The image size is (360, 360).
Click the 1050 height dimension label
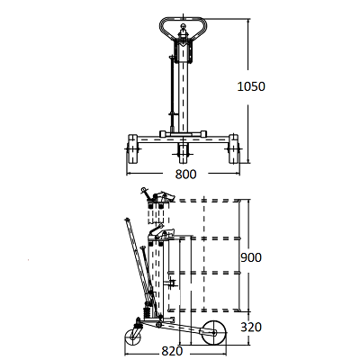click(x=251, y=86)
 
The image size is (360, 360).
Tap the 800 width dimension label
click(x=185, y=174)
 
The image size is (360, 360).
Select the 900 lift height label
click(x=251, y=257)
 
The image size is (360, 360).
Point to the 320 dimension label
click(x=251, y=327)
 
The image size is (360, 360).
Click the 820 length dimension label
click(x=172, y=351)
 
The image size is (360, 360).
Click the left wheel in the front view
click(x=132, y=149)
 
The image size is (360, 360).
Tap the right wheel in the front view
click(x=234, y=149)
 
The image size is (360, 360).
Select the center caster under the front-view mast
click(x=183, y=153)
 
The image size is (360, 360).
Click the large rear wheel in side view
click(x=213, y=333)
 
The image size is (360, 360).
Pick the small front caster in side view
click(x=132, y=337)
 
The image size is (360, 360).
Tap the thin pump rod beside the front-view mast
click(x=172, y=93)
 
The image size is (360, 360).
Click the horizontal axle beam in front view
click(x=183, y=139)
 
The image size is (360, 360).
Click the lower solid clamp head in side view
click(x=161, y=233)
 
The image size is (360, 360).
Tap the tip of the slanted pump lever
click(x=127, y=220)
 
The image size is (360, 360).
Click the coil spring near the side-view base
click(x=148, y=313)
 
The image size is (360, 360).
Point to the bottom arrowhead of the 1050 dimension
click(x=248, y=162)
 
